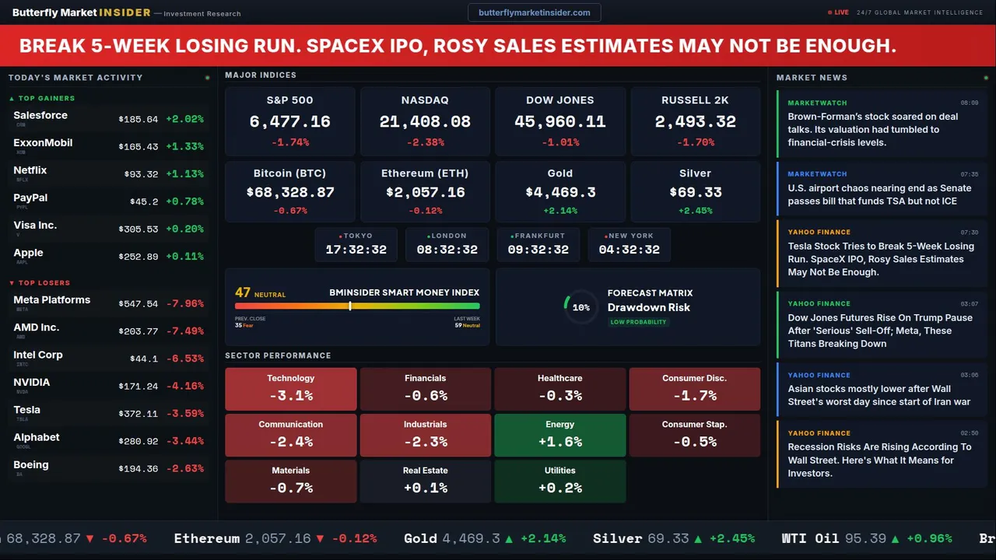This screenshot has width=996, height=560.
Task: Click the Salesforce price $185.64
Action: pos(139,120)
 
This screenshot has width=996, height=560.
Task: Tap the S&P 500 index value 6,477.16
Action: pos(289,122)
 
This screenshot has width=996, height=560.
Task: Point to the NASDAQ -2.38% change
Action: pos(425,142)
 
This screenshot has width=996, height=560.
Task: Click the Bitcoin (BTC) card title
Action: pos(289,173)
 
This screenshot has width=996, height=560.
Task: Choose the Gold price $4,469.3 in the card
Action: pos(560,192)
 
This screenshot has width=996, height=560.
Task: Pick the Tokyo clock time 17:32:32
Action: pos(356,250)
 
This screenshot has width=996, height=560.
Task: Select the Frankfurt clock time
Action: pos(538,250)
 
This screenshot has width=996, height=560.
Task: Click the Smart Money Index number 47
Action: pos(243,292)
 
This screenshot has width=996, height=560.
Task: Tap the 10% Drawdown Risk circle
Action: pos(580,307)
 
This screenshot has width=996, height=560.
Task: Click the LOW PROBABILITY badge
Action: pos(638,322)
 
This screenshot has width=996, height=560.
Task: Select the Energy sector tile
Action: pos(559,435)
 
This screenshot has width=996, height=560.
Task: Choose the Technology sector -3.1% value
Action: pos(291,395)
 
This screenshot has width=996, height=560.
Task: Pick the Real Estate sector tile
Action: pos(425,481)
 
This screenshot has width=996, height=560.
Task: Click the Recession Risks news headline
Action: pos(879,460)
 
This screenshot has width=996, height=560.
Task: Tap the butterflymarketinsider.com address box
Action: pos(535,12)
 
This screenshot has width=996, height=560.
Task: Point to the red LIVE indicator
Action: pos(839,12)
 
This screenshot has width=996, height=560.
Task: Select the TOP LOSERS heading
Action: pos(44,283)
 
